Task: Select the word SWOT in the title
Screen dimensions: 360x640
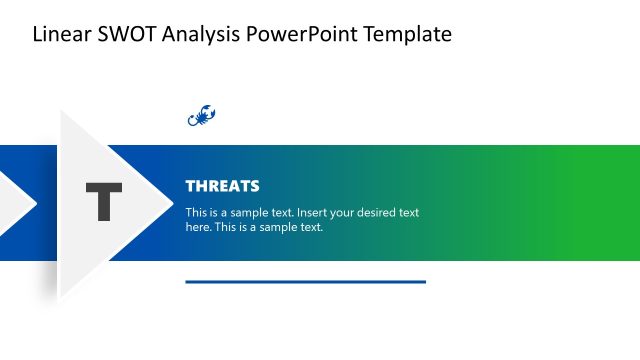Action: click(120, 35)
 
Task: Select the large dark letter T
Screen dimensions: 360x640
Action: click(103, 203)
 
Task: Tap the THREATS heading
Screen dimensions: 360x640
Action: click(222, 186)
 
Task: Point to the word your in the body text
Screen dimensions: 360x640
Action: click(335, 213)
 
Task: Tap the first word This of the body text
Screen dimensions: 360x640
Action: click(196, 213)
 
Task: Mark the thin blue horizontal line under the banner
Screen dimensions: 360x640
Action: click(305, 282)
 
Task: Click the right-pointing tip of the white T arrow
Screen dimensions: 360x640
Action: click(172, 203)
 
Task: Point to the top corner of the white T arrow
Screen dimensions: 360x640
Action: click(62, 113)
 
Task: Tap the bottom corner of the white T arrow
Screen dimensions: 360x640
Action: click(62, 293)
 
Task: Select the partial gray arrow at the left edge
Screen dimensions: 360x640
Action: click(14, 203)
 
